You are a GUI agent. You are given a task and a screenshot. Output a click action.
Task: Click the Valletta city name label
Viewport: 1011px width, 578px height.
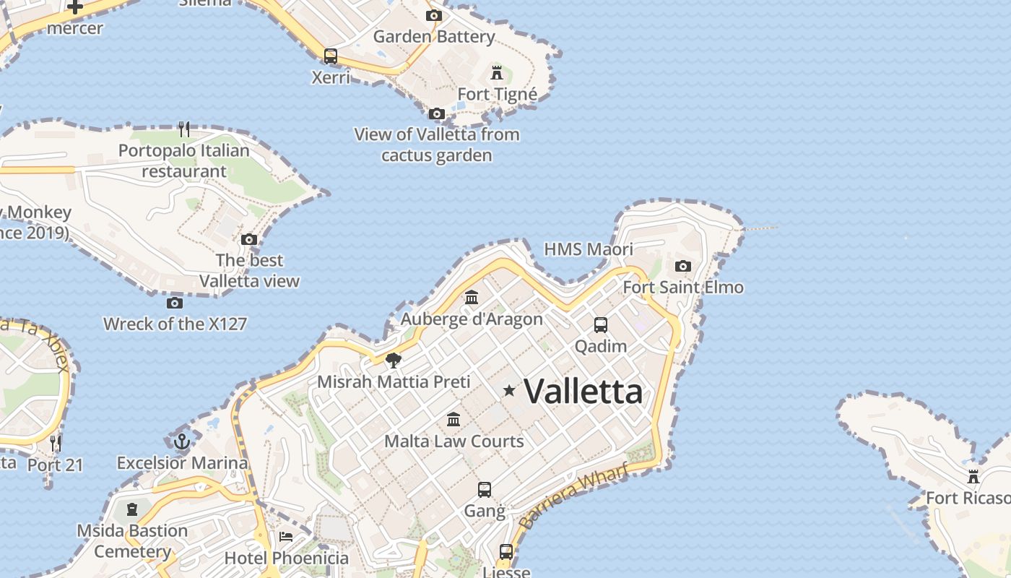pos(583,391)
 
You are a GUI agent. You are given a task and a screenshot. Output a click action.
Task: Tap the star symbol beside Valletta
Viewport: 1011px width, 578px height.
pos(509,391)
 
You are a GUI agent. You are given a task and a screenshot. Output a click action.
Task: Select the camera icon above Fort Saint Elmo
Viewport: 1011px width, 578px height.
pos(682,267)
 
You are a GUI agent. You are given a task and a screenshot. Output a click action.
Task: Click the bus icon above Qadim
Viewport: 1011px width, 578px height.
pos(601,325)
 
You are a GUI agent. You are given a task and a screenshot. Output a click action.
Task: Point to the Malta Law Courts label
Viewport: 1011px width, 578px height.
pos(454,441)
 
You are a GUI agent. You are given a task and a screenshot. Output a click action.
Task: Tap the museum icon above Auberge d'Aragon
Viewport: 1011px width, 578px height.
pos(472,297)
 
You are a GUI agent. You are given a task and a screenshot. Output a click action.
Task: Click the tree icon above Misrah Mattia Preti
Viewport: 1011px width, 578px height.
pos(394,360)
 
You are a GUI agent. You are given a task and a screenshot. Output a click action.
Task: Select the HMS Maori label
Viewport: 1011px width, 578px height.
pos(588,249)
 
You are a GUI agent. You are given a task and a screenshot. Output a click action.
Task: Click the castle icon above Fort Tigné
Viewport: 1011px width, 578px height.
pos(497,72)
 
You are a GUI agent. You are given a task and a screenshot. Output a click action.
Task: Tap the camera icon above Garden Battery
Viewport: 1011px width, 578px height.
pos(433,15)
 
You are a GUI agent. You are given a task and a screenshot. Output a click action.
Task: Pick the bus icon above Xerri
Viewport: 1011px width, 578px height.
pos(331,56)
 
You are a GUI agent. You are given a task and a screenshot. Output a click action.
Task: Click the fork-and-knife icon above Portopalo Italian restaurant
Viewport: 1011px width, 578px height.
pos(184,129)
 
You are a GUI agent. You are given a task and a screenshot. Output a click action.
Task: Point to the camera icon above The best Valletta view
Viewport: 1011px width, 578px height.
pos(249,239)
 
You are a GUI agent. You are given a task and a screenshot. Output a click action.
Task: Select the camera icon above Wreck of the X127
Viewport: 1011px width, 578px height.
pos(174,303)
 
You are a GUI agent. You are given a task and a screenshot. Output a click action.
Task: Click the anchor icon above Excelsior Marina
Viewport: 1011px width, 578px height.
pos(182,441)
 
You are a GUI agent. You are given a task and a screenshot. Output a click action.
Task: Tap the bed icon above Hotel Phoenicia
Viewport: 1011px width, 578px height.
pos(286,537)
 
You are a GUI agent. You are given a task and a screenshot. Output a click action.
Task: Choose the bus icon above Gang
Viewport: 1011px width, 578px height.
pos(485,490)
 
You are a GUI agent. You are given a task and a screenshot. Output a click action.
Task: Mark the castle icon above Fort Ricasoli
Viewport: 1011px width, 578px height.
pos(973,477)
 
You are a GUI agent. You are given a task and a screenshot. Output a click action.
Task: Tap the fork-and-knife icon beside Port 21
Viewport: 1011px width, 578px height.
pos(56,442)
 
